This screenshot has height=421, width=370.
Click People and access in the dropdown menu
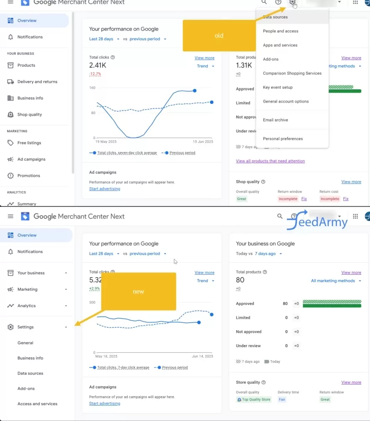(x=280, y=31)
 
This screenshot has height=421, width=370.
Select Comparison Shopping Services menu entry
(x=292, y=73)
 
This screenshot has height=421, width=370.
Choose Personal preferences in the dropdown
(x=282, y=139)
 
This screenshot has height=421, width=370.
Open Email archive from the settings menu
(x=275, y=120)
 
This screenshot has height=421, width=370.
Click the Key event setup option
(x=277, y=87)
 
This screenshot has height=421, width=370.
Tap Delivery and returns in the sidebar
(x=37, y=82)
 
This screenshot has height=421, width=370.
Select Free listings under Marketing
(x=29, y=143)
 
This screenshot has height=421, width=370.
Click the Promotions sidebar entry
(x=28, y=176)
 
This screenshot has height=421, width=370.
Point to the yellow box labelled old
(x=219, y=36)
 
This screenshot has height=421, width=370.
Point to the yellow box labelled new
(x=138, y=292)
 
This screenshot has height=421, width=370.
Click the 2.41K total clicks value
(x=98, y=65)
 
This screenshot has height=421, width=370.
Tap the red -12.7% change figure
(x=95, y=74)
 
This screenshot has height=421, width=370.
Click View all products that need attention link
(x=270, y=161)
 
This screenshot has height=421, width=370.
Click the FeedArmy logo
(x=318, y=222)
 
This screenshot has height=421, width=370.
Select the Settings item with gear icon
(x=26, y=327)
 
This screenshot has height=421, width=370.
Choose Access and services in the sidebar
(x=37, y=404)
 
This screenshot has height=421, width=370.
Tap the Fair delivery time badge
(x=282, y=400)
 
